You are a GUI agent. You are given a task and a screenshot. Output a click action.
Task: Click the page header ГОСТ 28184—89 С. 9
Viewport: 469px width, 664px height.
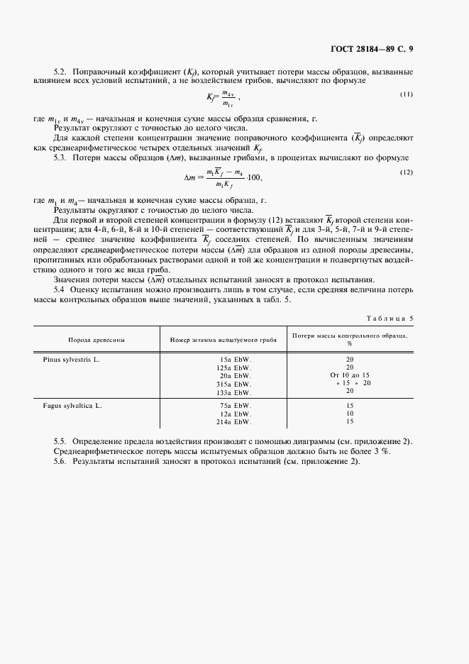[380, 49]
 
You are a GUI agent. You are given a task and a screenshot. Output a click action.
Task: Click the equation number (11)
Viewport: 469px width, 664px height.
[407, 94]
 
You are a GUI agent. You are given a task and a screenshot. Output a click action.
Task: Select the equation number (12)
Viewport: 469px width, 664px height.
[407, 172]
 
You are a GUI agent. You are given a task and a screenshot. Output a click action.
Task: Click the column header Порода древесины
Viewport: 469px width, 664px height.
[97, 340]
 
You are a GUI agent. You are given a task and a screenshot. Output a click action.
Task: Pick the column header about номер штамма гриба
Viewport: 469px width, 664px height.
[223, 340]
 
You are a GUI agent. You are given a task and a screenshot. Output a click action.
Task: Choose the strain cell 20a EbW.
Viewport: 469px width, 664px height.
[236, 375]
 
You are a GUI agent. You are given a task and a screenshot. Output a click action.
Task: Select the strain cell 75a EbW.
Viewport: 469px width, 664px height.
[236, 406]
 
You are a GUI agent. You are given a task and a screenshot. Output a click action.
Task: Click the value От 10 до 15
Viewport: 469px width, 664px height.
[351, 375]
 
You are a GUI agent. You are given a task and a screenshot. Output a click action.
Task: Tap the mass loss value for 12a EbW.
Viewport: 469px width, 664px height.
[351, 414]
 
